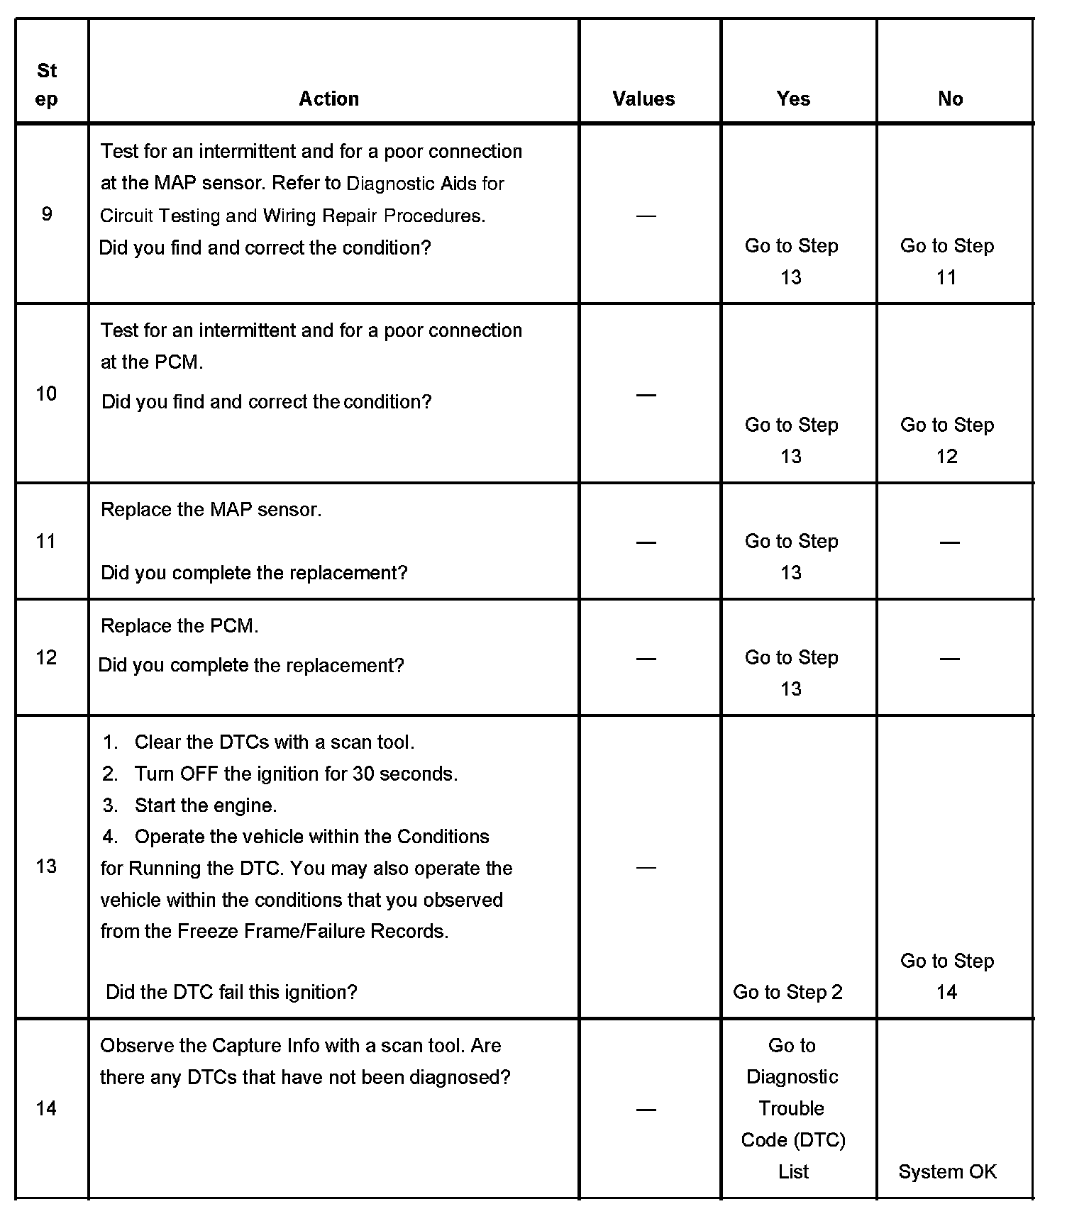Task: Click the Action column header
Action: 328,99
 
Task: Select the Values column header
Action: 643,99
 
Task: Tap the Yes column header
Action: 793,99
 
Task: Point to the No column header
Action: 950,99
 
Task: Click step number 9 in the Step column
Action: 47,214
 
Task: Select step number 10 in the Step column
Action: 46,394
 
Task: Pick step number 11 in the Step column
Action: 46,542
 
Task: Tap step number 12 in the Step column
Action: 46,658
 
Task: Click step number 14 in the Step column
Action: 46,1109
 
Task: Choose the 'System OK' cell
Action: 947,1172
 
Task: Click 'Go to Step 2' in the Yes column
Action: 787,992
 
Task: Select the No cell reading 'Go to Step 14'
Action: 947,976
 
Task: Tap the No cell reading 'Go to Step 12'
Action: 947,440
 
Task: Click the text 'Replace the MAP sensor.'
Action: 211,510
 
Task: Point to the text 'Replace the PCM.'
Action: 179,626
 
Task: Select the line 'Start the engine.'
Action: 206,805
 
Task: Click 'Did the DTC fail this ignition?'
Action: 231,992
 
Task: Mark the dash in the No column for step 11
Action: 949,543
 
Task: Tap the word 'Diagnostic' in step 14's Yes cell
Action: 792,1077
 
